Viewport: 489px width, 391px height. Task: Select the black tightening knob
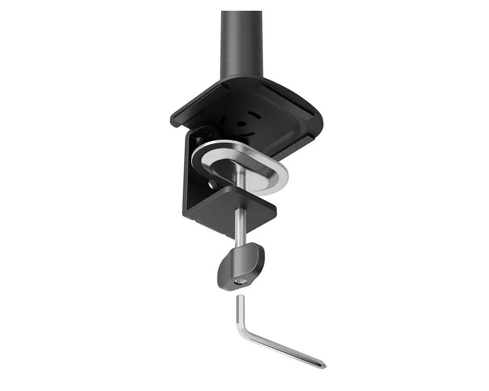241,267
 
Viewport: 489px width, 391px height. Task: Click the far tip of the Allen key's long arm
323,366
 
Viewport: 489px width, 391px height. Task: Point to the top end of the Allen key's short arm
239,298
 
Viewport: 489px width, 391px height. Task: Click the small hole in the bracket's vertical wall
213,185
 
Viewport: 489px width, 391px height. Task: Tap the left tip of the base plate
173,119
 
